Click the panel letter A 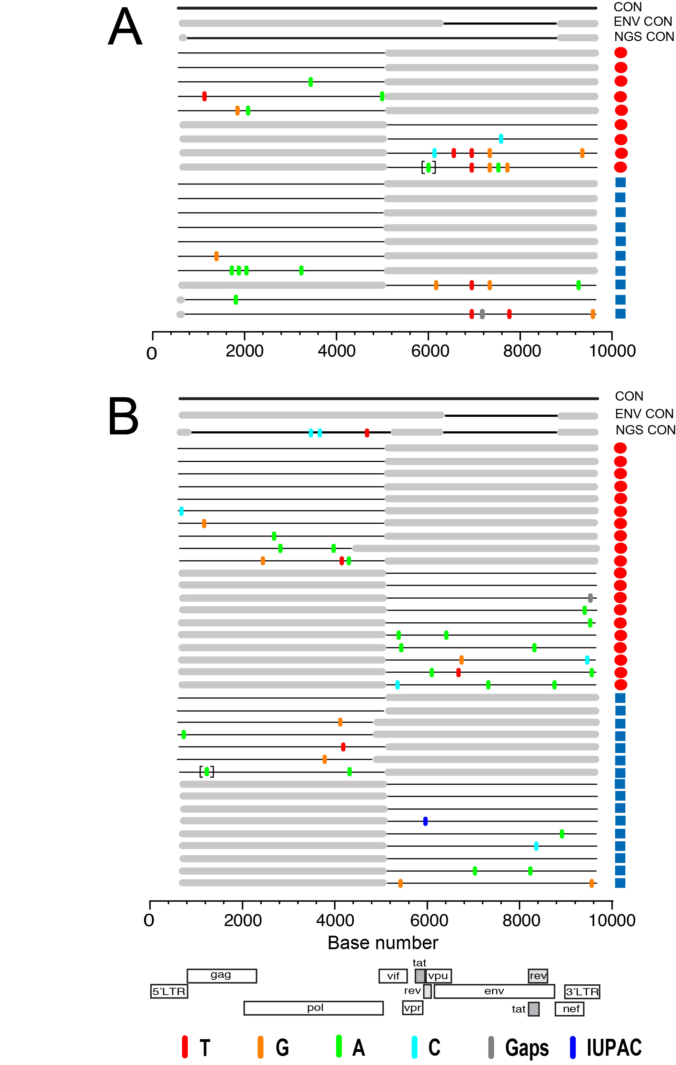125,28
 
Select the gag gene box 222,975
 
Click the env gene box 494,991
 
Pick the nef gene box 569,1008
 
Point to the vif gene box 393,976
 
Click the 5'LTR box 169,991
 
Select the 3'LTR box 582,992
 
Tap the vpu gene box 438,976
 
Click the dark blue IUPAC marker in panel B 425,821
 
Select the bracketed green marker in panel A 428,167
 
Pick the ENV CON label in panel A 643,22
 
